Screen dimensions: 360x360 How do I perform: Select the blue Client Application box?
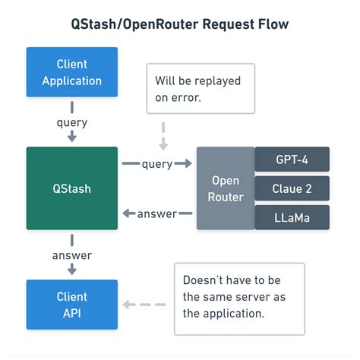click(x=72, y=72)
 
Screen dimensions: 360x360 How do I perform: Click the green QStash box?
click(x=72, y=188)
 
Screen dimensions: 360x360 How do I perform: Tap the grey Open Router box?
click(x=225, y=188)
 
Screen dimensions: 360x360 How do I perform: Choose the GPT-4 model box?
click(x=292, y=159)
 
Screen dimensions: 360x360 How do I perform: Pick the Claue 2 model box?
click(x=292, y=188)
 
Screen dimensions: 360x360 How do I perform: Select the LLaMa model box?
click(x=292, y=217)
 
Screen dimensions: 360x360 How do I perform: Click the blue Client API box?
click(x=72, y=305)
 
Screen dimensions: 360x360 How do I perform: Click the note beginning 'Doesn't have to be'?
click(x=238, y=298)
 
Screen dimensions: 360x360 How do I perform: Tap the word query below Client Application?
click(x=72, y=123)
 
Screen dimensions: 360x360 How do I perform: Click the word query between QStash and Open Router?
click(x=157, y=164)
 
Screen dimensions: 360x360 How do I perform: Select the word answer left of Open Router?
click(x=157, y=213)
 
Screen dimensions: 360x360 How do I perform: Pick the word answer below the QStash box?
click(x=72, y=255)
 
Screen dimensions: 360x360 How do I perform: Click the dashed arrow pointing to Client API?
click(x=146, y=305)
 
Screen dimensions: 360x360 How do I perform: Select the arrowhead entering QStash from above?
click(x=72, y=137)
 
